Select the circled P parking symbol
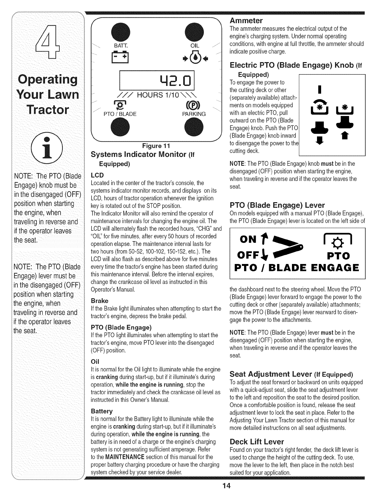click(194, 106)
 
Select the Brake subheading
click(100, 301)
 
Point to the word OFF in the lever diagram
click(248, 254)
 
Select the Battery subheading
click(101, 411)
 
